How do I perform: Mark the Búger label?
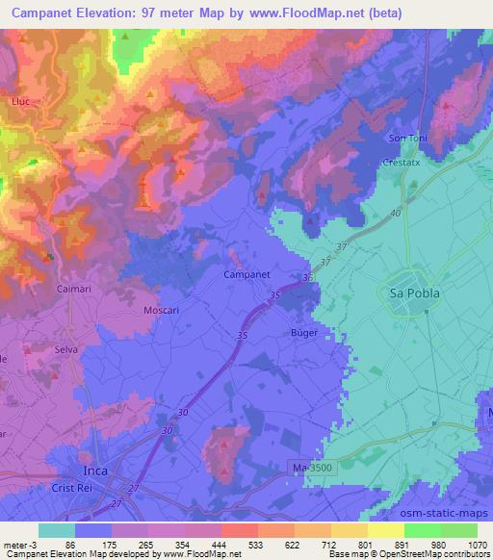[x=305, y=332]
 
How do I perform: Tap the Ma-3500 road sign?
[x=315, y=467]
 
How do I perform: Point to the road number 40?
[x=396, y=216]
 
